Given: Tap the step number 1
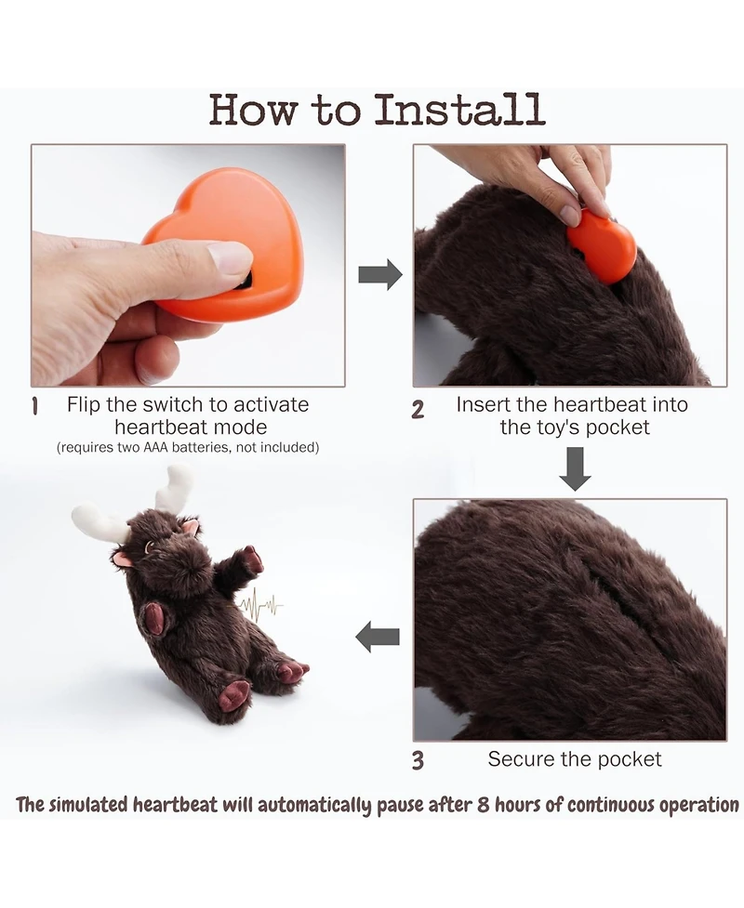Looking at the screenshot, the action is coord(35,406).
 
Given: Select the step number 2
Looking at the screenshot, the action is coord(418,410).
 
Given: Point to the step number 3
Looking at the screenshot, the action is coord(418,760).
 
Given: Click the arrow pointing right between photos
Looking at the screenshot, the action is coord(380,274).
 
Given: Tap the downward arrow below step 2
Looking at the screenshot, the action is coord(575,468).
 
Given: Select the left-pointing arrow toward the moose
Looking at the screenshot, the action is coord(378,637).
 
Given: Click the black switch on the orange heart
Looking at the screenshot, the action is coord(246,282).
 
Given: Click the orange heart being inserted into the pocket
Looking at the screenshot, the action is coord(602,245).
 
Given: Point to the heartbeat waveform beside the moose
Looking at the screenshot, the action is coord(260,606).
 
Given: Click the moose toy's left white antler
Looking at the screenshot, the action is coord(100,521).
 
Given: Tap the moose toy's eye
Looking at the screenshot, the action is coord(150,546).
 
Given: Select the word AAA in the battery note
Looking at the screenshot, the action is coord(156,447).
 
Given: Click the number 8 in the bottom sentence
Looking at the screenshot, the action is coord(484,806).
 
